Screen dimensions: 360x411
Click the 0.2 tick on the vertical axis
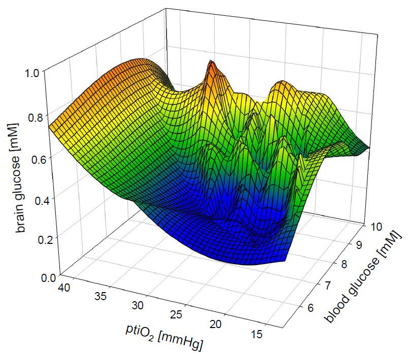coord(34,237)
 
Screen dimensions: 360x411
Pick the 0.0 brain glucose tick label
coord(34,277)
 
